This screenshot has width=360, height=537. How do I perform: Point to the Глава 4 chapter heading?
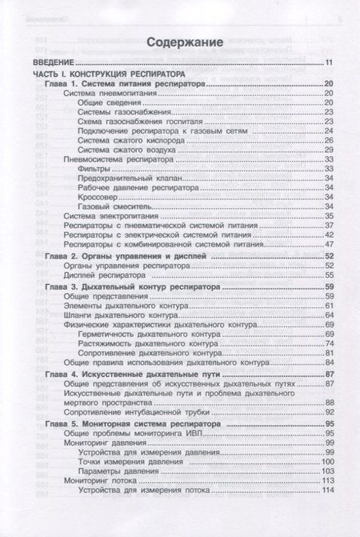tap(132, 375)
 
